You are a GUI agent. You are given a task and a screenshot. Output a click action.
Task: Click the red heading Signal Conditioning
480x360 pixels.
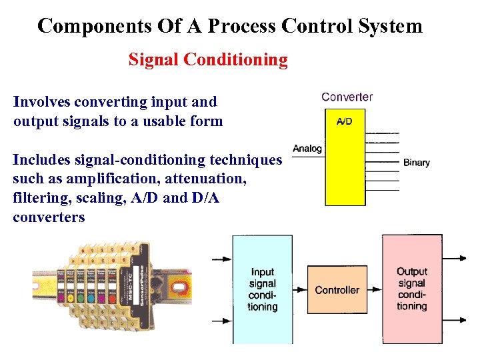[208, 60]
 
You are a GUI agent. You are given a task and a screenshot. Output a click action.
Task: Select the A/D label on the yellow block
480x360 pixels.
[344, 121]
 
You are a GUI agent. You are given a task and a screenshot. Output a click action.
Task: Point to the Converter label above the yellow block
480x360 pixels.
[347, 97]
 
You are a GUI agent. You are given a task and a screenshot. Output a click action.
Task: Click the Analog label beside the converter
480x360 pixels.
[307, 148]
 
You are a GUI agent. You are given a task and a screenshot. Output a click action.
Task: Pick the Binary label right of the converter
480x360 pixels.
[417, 162]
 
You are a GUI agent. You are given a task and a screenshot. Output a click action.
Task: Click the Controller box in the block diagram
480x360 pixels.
[337, 290]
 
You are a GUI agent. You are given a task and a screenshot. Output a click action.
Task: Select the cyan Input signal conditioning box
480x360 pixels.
[262, 289]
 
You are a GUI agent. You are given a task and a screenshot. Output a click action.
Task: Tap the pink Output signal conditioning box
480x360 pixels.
[411, 289]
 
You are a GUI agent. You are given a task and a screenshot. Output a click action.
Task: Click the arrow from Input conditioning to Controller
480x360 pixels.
[299, 290]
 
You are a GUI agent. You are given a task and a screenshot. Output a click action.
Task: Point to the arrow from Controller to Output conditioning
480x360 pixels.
[374, 290]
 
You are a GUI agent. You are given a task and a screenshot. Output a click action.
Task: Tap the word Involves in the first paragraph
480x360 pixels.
[42, 102]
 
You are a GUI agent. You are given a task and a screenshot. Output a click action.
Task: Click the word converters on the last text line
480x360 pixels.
[49, 217]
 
